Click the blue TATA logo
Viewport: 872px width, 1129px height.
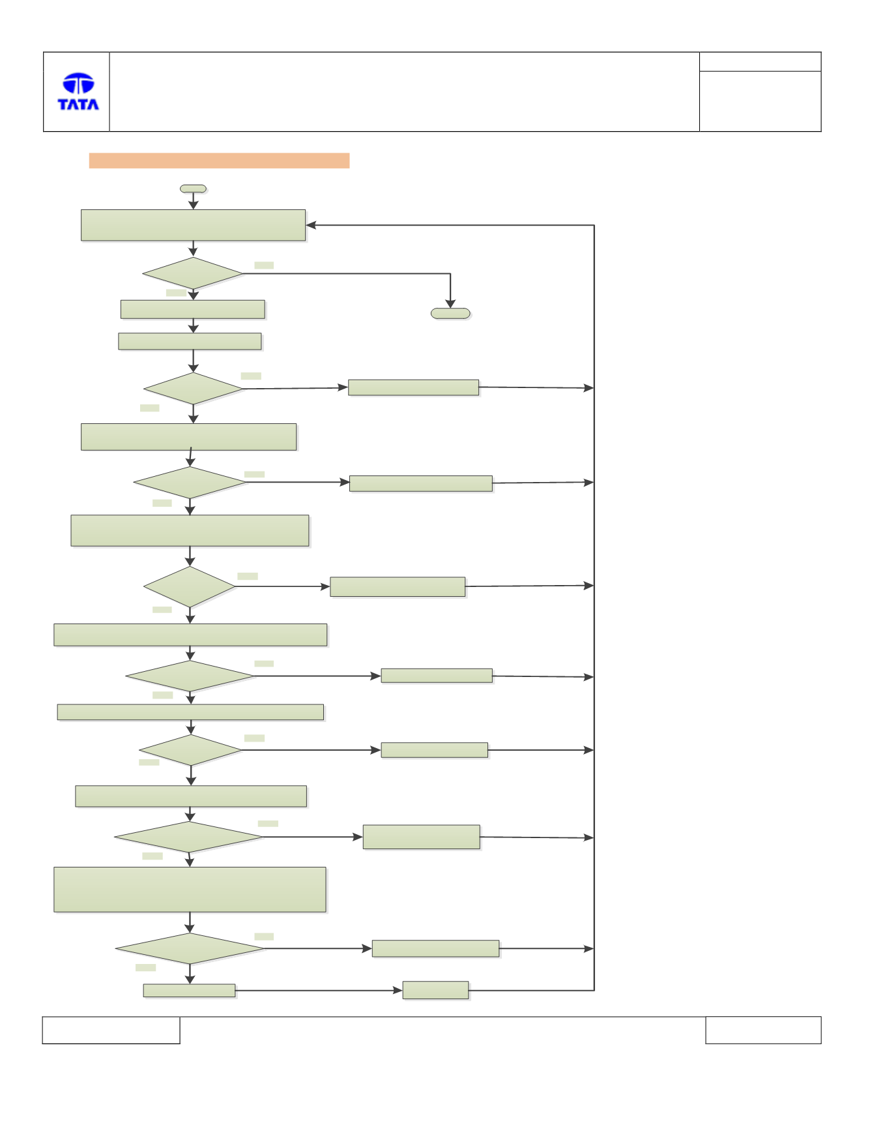click(x=78, y=91)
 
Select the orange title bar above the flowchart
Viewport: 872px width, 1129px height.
click(x=219, y=160)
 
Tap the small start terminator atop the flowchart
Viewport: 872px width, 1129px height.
click(x=193, y=188)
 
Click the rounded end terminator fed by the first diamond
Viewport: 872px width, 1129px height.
click(x=450, y=313)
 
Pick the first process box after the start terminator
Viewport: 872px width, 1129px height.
click(x=193, y=225)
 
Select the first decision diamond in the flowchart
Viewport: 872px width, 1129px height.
click(x=193, y=273)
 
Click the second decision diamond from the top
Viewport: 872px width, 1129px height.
click(x=193, y=389)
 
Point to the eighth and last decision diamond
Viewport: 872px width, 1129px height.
click(x=190, y=948)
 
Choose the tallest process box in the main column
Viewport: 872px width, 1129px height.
click(x=190, y=889)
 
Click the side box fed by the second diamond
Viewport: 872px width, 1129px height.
click(x=413, y=387)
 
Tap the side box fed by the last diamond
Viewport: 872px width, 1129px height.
click(x=435, y=948)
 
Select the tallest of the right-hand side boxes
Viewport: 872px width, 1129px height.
click(x=421, y=837)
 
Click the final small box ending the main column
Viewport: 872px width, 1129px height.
click(x=189, y=990)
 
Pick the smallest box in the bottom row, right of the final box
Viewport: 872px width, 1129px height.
click(x=435, y=990)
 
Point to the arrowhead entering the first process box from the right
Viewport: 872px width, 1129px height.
click(x=311, y=225)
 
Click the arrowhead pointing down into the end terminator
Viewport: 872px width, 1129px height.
click(x=450, y=304)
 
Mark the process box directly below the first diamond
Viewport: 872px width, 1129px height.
click(x=193, y=309)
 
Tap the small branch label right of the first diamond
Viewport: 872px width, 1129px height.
click(x=264, y=265)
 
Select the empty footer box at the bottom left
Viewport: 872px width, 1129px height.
click(x=111, y=1030)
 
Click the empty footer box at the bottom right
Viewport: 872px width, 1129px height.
click(x=763, y=1030)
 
